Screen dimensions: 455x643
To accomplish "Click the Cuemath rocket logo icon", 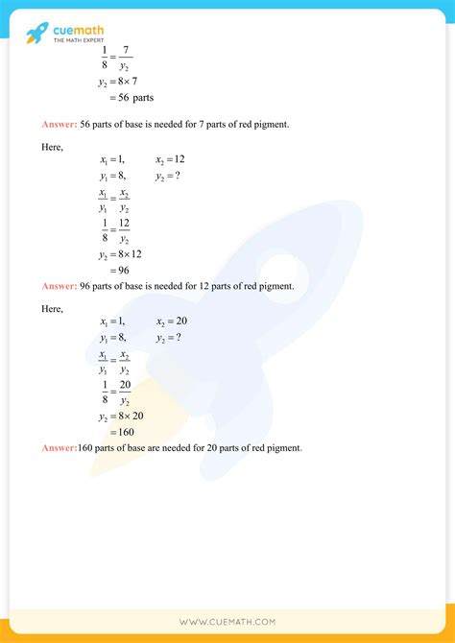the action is click(x=36, y=35).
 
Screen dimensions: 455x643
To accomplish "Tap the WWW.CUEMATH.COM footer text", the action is click(x=227, y=623).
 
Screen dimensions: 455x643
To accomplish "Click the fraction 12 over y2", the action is click(x=125, y=230).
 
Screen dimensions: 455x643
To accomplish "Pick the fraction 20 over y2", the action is click(x=125, y=392).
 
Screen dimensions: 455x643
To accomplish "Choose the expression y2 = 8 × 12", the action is click(x=122, y=254).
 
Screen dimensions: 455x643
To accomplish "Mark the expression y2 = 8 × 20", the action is click(x=122, y=416).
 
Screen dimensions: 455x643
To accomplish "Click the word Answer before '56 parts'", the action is click(x=59, y=124).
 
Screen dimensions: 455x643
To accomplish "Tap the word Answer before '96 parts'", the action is click(x=59, y=286).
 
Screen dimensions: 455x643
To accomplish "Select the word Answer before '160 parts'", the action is click(x=59, y=448).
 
